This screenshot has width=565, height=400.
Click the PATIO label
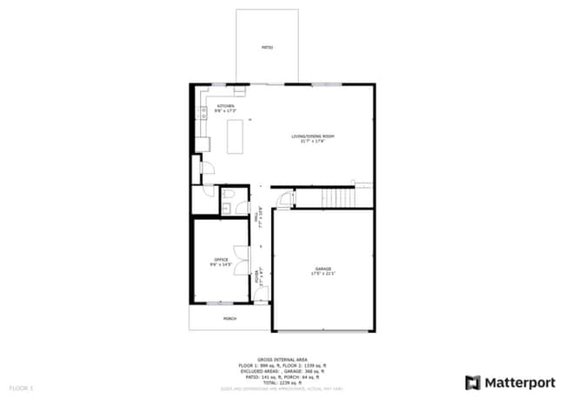[x=268, y=47]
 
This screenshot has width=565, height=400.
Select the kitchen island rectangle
[x=235, y=137]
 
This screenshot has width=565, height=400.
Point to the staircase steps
[x=339, y=198]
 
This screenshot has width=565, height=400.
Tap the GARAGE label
[x=323, y=270]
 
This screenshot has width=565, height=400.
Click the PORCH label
[x=229, y=318]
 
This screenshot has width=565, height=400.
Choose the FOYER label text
[x=257, y=277]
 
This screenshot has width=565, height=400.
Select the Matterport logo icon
[x=474, y=382]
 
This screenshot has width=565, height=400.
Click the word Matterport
[x=519, y=382]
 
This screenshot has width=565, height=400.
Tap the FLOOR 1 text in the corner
[x=21, y=386]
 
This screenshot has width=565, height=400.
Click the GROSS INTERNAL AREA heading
[x=282, y=358]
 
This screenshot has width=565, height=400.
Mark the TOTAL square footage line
[x=282, y=381]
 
